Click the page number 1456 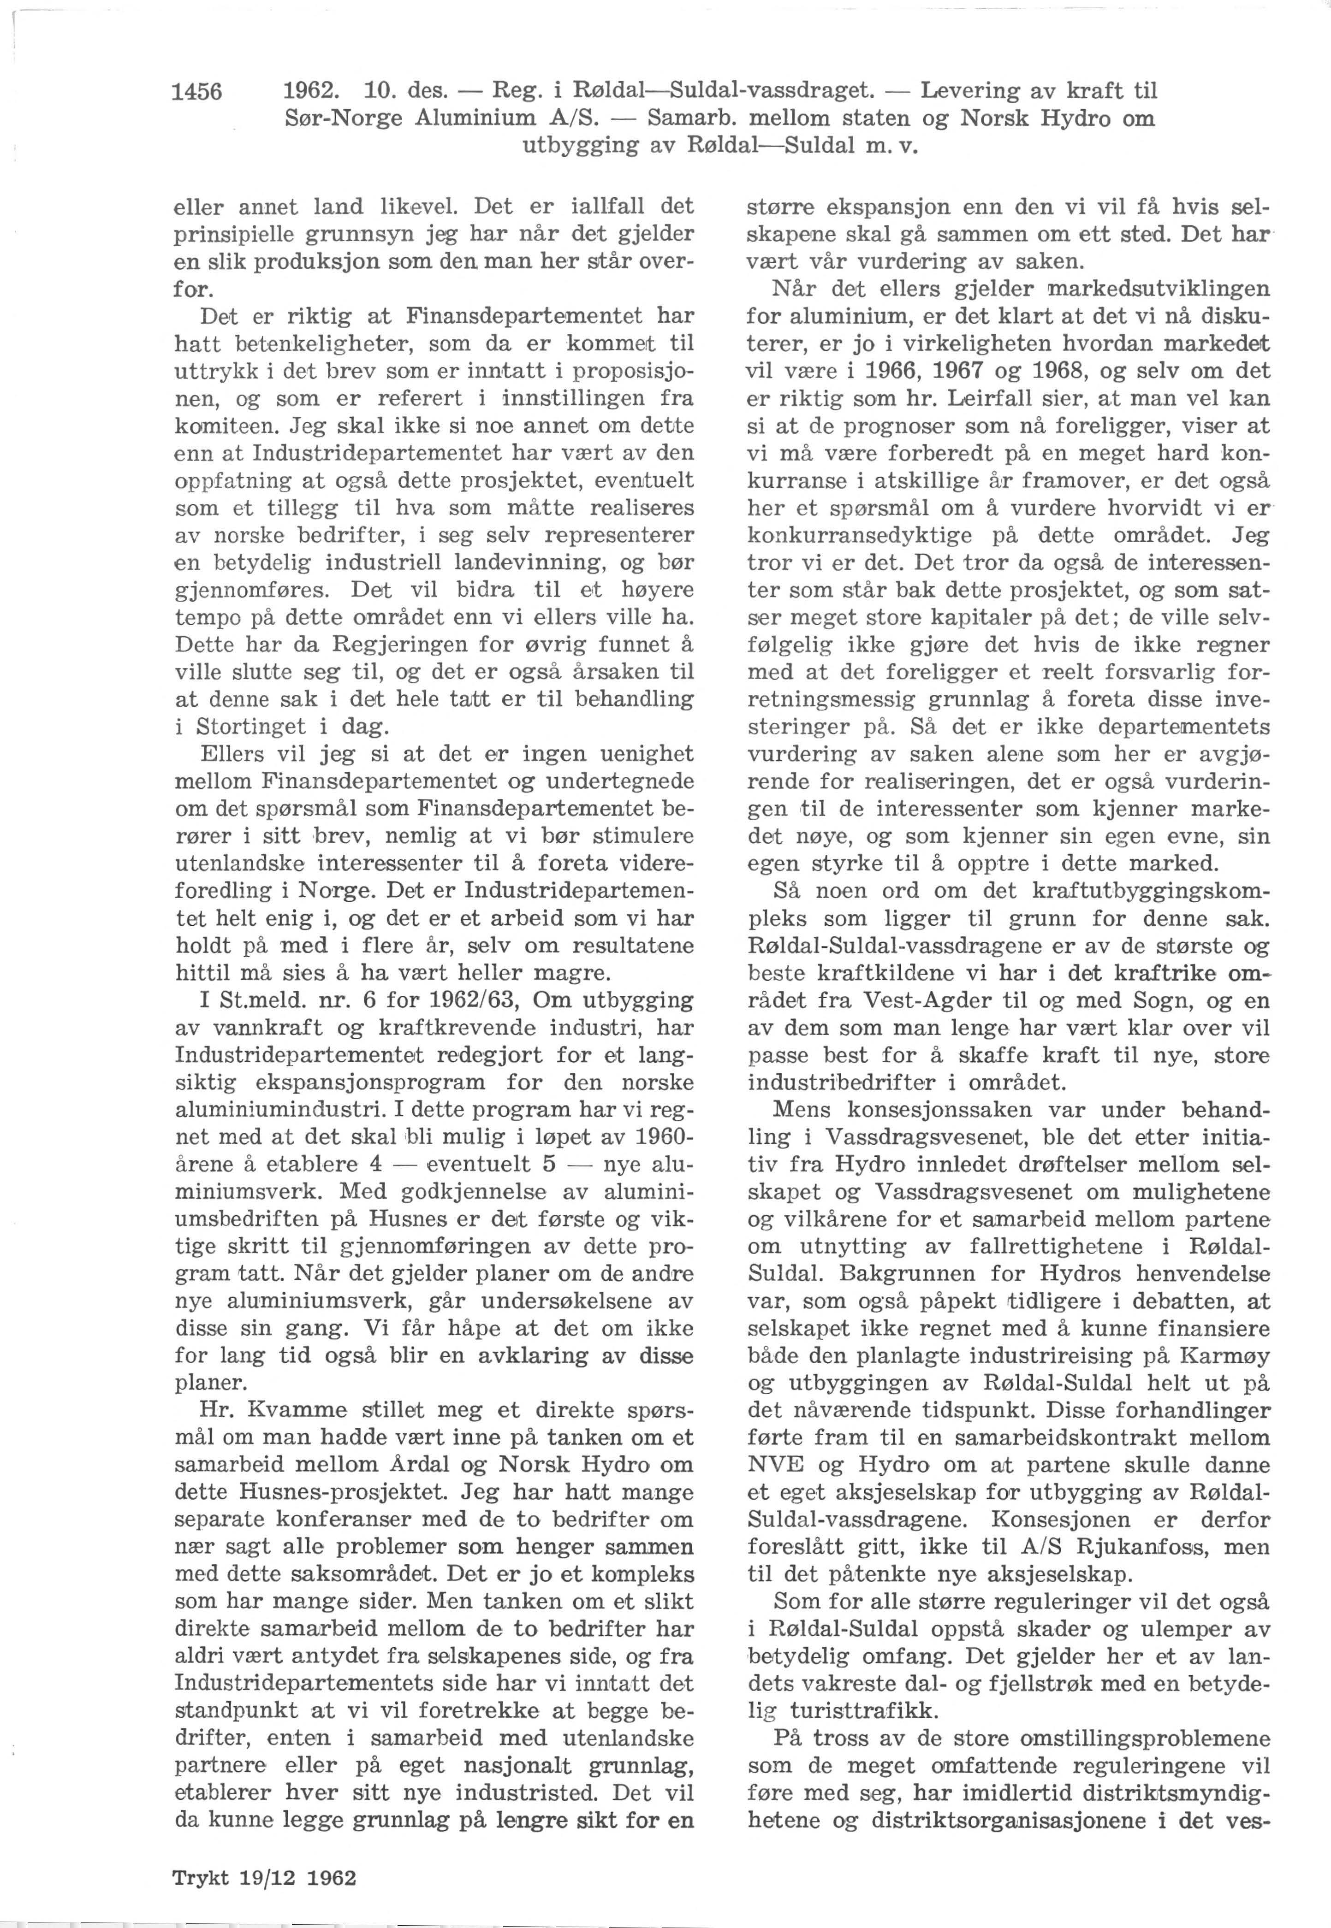click(197, 92)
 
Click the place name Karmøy click(1226, 1356)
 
